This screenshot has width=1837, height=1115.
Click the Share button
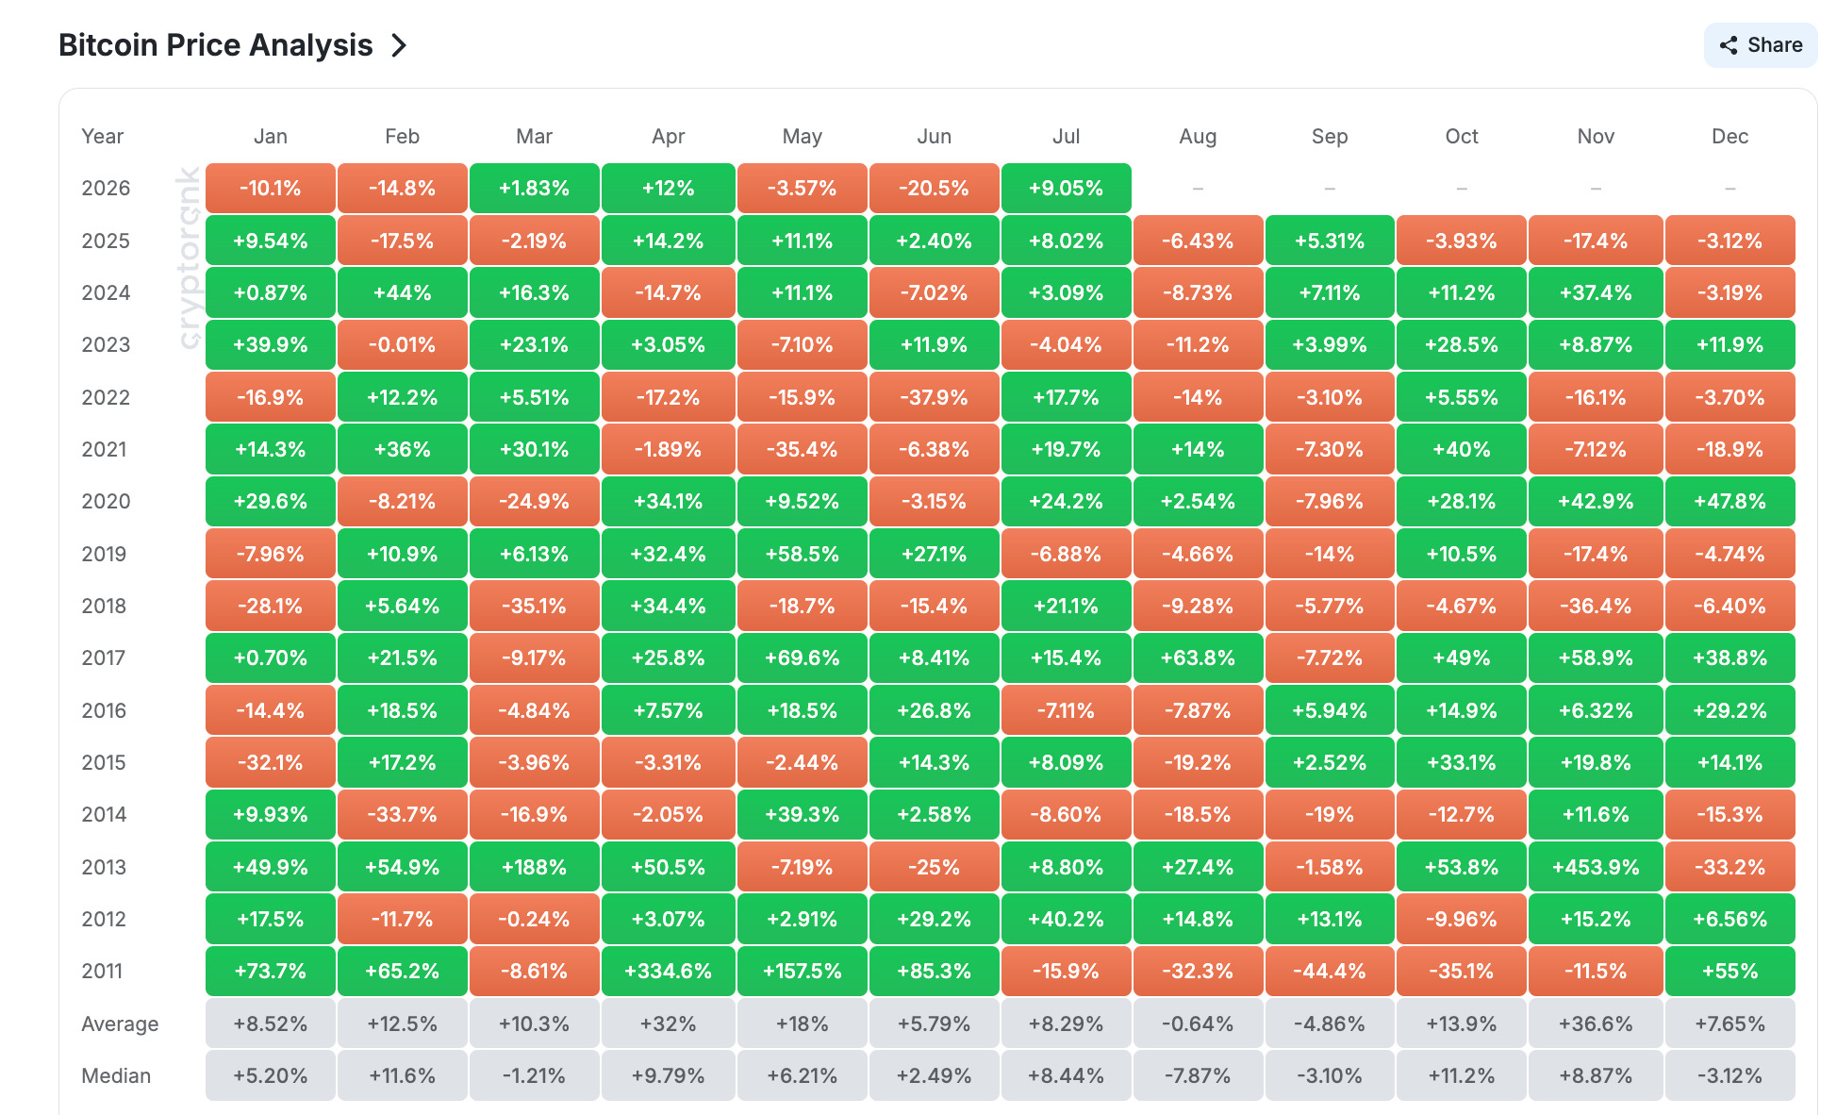tap(1760, 45)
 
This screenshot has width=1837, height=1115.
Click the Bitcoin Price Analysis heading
tap(216, 45)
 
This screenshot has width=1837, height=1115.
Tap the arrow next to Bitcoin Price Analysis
tap(399, 45)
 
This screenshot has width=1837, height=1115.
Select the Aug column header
tap(1198, 136)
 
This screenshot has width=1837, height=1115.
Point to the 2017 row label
tap(104, 657)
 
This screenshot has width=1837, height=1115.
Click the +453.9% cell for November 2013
tap(1596, 867)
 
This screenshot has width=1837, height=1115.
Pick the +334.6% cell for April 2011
tap(669, 971)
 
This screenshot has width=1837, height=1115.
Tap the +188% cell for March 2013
tap(535, 867)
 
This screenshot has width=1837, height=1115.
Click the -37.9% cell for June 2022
tap(935, 397)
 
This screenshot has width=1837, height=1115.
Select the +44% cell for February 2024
tap(403, 292)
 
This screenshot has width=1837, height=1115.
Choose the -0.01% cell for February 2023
tap(403, 344)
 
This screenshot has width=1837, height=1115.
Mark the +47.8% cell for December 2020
tap(1730, 501)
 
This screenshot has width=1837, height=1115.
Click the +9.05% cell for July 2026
tap(1067, 188)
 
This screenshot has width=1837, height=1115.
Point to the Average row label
tap(120, 1023)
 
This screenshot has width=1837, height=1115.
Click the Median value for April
tap(669, 1075)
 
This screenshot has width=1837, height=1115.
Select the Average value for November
tap(1596, 1023)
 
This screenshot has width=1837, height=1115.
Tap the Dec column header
tap(1730, 136)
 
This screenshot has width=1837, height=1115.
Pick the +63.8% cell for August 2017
tap(1198, 657)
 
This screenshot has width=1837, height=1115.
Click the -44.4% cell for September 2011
tap(1330, 971)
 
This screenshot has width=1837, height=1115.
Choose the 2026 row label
tap(106, 188)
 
